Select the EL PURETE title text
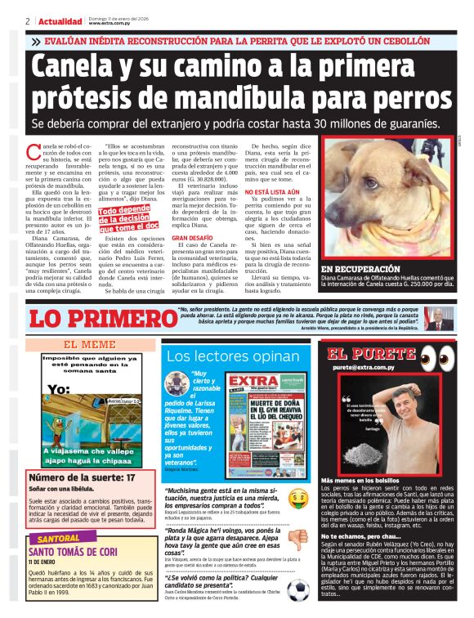point(373,355)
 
